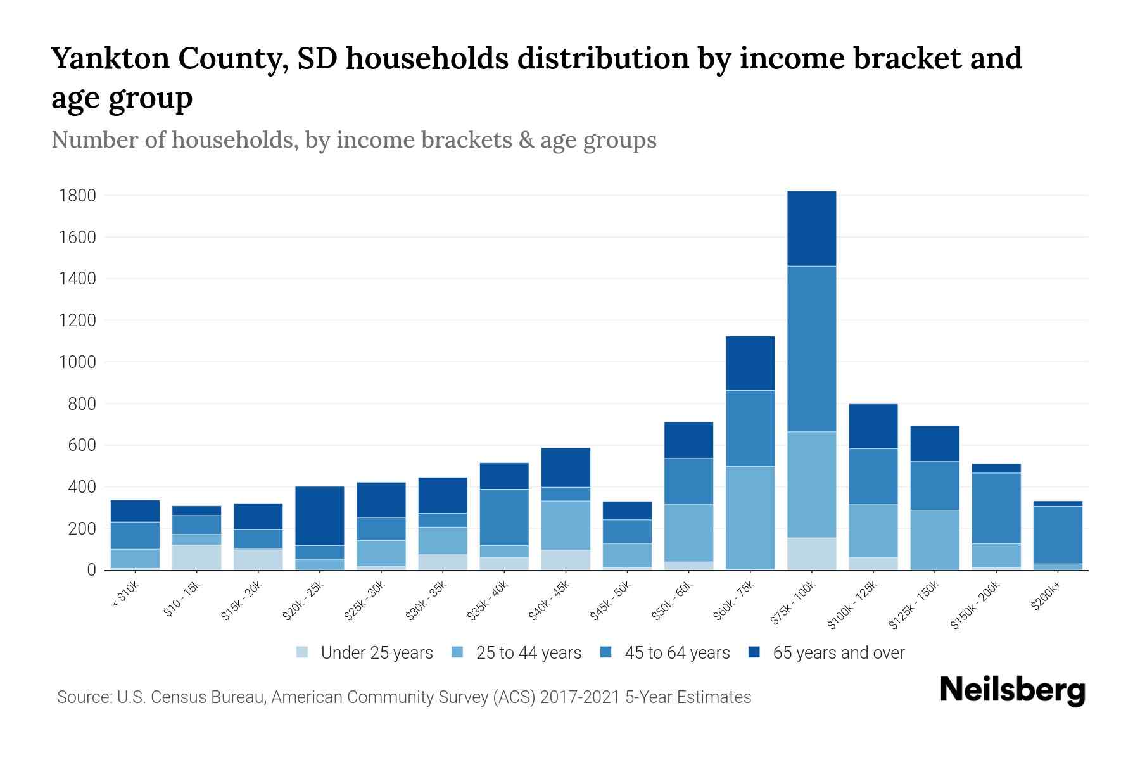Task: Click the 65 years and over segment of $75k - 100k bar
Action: [x=811, y=229]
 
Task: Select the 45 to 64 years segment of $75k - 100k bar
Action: [x=811, y=349]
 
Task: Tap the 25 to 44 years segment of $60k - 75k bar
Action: [x=750, y=518]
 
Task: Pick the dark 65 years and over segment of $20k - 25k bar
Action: [x=320, y=516]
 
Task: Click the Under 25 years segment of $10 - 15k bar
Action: [x=196, y=557]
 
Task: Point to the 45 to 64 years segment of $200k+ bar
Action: [x=1058, y=535]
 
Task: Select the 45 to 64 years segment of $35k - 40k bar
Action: [x=504, y=517]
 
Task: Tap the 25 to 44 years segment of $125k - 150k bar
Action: [x=934, y=540]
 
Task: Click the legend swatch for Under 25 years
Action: [x=303, y=652]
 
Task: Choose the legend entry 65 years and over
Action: [x=839, y=653]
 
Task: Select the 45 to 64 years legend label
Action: [x=677, y=653]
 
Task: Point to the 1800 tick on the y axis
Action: [x=77, y=196]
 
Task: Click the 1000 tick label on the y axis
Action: [x=77, y=362]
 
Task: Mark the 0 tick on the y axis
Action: [x=91, y=570]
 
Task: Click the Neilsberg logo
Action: [x=1012, y=690]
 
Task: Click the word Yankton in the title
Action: [x=110, y=58]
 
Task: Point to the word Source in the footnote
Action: [x=83, y=697]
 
